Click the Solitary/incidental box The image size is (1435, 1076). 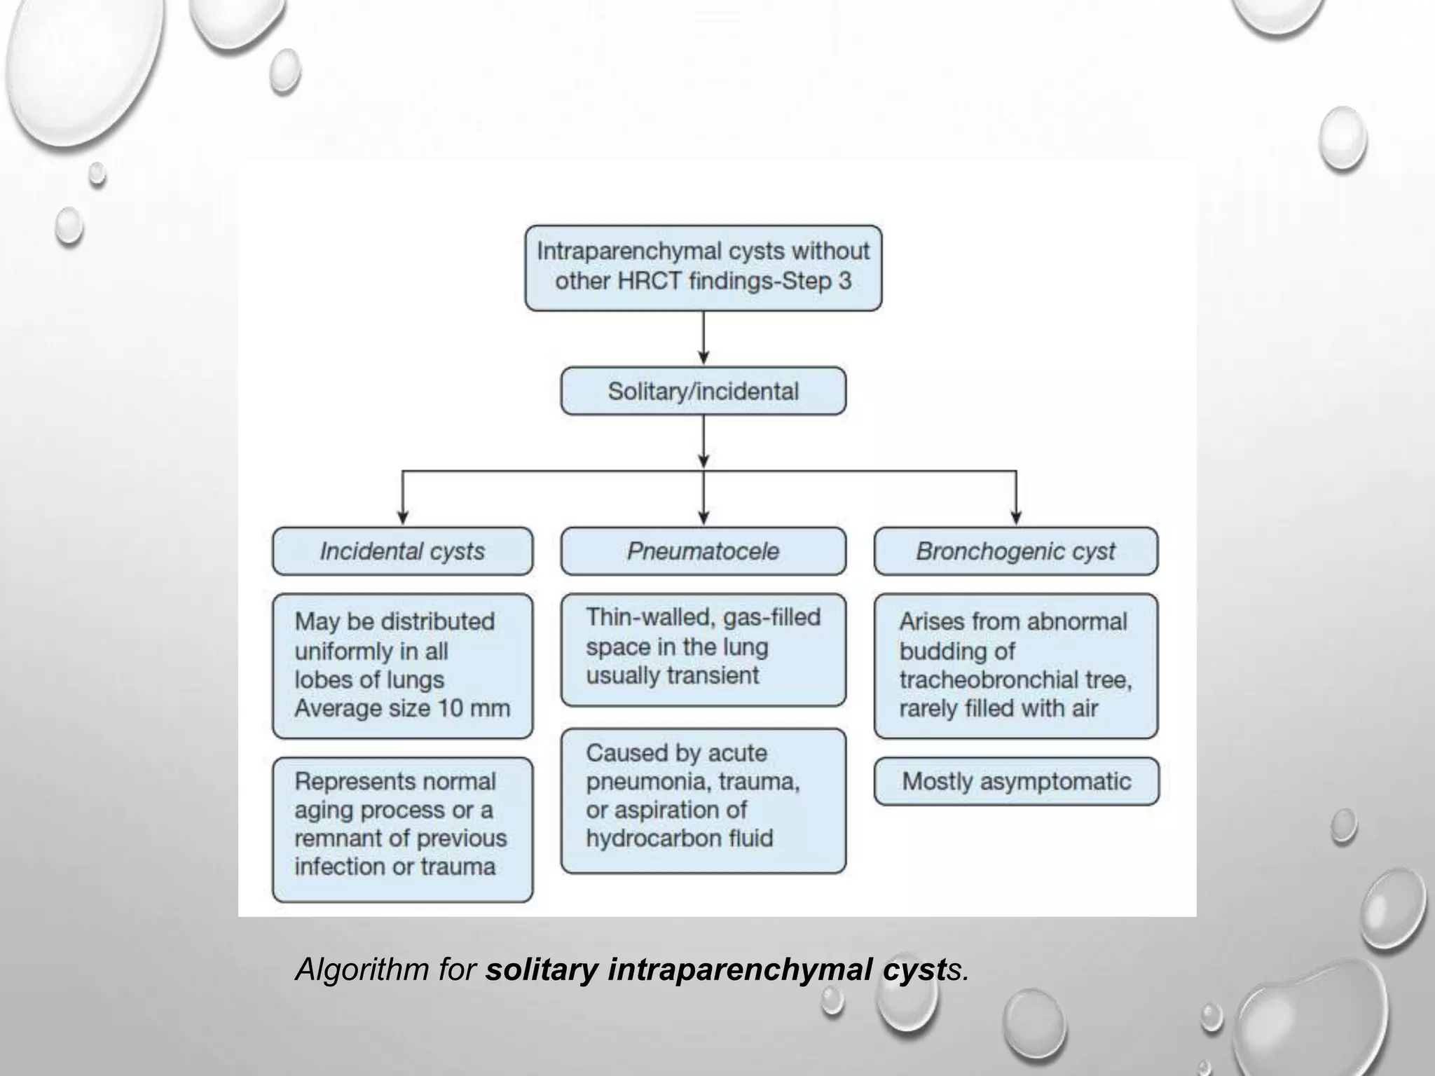pyautogui.click(x=703, y=391)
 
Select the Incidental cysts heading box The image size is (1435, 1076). pyautogui.click(x=402, y=551)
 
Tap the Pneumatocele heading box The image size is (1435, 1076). pyautogui.click(x=703, y=551)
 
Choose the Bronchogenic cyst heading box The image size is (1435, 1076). pyautogui.click(x=1015, y=551)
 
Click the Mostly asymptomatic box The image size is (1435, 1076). pyautogui.click(x=1016, y=781)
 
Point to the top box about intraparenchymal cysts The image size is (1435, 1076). pyautogui.click(x=703, y=267)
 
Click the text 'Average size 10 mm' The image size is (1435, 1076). pyautogui.click(x=402, y=708)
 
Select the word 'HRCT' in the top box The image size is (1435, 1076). pyautogui.click(x=649, y=281)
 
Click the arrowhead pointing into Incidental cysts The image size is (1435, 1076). pyautogui.click(x=402, y=518)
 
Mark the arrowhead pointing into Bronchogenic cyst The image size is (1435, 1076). pyautogui.click(x=1016, y=518)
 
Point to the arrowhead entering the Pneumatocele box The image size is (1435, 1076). pyautogui.click(x=703, y=518)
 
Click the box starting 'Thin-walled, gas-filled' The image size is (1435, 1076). pyautogui.click(x=703, y=649)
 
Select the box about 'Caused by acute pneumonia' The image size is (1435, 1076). pyautogui.click(x=703, y=800)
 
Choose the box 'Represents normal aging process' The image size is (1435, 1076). pyautogui.click(x=402, y=829)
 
